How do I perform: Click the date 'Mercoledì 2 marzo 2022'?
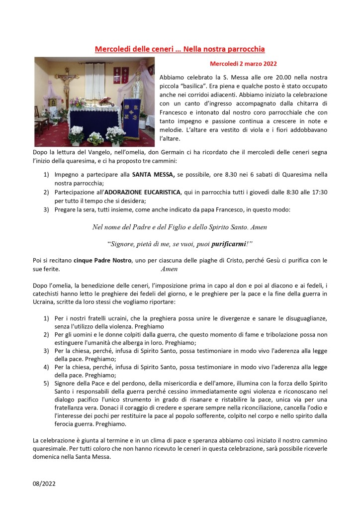(x=243, y=64)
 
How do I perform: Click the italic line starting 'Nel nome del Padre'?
(x=180, y=227)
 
